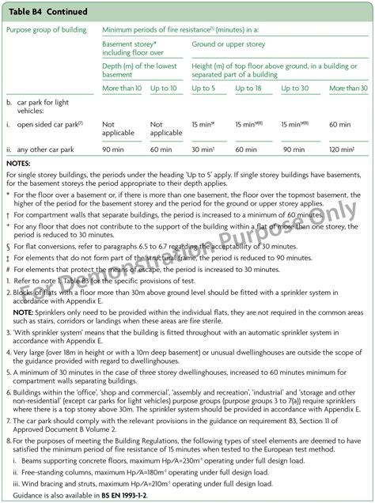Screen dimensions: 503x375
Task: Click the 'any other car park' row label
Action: (x=51, y=149)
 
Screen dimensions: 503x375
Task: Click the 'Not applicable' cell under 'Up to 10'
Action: (x=165, y=128)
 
